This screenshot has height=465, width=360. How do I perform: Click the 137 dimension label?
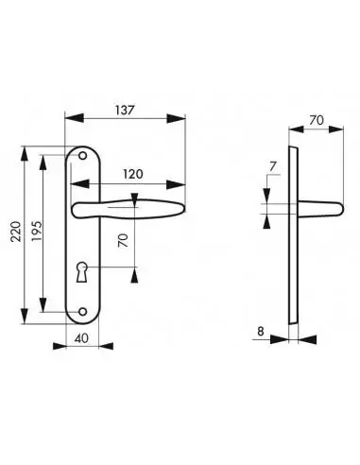pyautogui.click(x=125, y=111)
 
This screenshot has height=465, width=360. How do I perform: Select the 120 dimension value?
pyautogui.click(x=132, y=174)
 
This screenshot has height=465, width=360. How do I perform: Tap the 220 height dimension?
pyautogui.click(x=16, y=232)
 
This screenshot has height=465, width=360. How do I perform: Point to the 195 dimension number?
pyautogui.click(x=37, y=232)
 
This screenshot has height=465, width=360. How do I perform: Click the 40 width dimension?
pyautogui.click(x=82, y=338)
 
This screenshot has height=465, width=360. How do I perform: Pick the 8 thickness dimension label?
pyautogui.click(x=261, y=332)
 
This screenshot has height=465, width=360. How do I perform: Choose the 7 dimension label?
pyautogui.click(x=273, y=166)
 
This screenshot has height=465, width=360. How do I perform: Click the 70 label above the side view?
pyautogui.click(x=317, y=120)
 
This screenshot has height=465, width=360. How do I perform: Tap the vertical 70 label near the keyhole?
pyautogui.click(x=124, y=240)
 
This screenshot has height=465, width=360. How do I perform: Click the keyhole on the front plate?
pyautogui.click(x=81, y=271)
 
